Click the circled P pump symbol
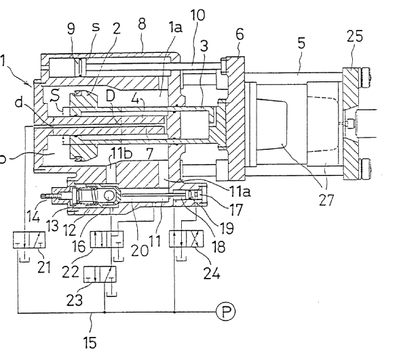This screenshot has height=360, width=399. pos(226,311)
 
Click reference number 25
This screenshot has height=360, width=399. pos(354,35)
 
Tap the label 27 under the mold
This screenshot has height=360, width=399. pos(326,199)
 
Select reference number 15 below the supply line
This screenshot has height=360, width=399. pos(90,342)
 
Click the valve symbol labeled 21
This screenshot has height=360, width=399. pos(29,240)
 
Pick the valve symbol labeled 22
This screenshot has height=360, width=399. pos(107,239)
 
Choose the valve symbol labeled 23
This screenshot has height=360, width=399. pos(100,275)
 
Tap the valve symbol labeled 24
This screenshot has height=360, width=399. pos(187,239)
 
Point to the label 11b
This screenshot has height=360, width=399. pos(121,153)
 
